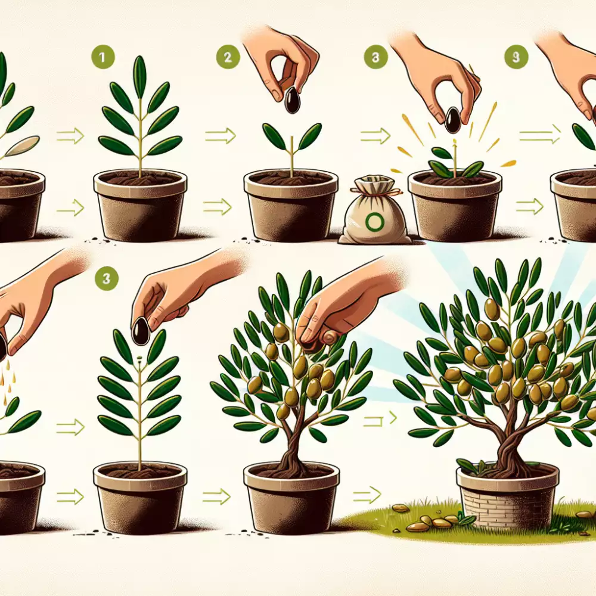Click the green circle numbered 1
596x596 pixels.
(103, 57)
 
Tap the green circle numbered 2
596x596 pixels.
(228, 57)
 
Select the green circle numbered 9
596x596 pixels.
(516, 57)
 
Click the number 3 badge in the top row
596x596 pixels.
(375, 57)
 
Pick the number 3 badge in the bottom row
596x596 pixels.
(106, 278)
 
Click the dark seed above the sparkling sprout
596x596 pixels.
(452, 120)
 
